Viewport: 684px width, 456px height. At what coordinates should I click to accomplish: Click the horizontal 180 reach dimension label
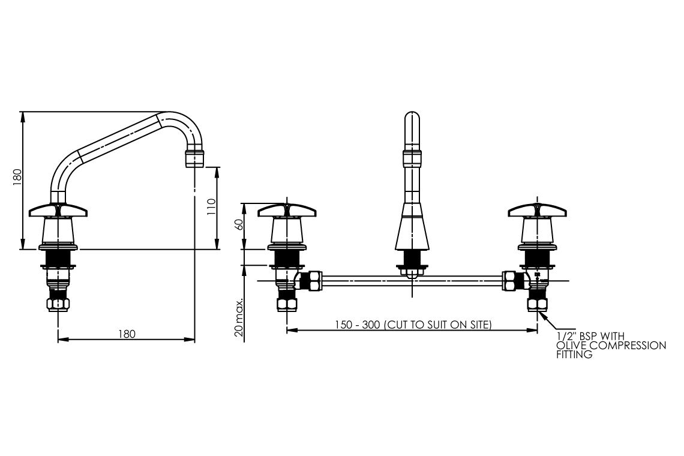coord(126,334)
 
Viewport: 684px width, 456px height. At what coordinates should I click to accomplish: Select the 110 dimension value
coord(211,208)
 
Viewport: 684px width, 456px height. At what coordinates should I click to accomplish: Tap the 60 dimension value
coord(238,226)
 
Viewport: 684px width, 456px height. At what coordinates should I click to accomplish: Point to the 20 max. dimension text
coord(239,316)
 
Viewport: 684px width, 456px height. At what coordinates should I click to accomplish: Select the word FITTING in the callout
coord(575,355)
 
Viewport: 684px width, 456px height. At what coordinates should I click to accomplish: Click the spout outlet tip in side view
coord(194,160)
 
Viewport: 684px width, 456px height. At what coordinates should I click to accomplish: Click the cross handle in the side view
coord(58,211)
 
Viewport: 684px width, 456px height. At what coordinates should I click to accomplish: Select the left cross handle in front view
coord(287,211)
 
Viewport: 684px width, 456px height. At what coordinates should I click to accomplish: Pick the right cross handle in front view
coord(537,211)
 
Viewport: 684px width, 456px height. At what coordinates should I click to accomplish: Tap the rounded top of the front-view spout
coord(412,118)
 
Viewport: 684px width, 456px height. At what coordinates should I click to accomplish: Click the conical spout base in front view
coord(412,233)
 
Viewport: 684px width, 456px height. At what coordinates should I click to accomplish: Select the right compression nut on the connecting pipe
coord(511,280)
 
